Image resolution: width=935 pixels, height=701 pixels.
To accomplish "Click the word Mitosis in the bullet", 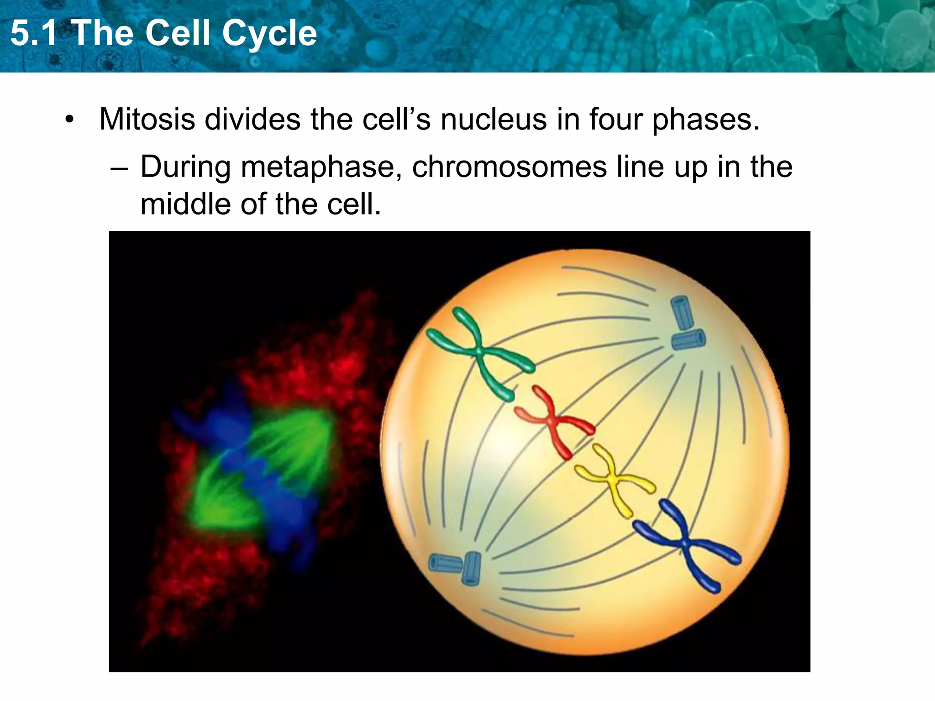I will point(147,120).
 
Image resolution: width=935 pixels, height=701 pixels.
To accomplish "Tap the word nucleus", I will point(494,120).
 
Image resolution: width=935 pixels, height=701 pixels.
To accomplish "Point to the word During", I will point(185,167).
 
